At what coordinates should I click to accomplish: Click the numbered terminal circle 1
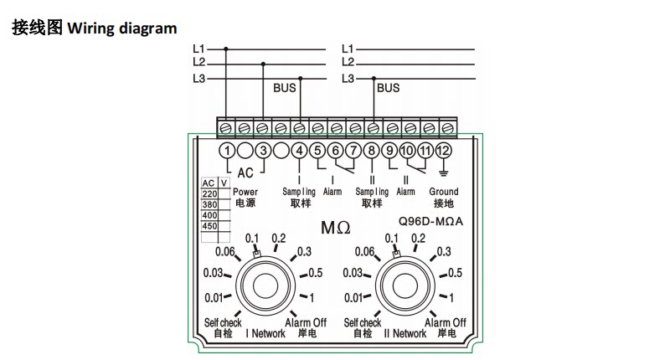pos(227,151)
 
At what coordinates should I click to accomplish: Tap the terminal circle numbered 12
pos(444,151)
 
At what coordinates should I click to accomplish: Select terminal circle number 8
pos(372,151)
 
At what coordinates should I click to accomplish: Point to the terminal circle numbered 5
pos(317,151)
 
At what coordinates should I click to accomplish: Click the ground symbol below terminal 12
pos(444,173)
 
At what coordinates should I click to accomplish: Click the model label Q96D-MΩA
pos(430,221)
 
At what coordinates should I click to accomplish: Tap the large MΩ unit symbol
pos(336,227)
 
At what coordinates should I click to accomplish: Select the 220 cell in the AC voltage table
pos(210,194)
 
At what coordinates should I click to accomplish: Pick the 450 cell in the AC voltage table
pos(210,226)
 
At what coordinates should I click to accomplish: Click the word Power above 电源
pos(245,193)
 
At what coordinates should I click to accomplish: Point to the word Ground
pos(444,192)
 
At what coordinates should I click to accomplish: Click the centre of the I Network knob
pos(265,285)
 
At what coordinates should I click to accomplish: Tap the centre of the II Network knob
pos(405,285)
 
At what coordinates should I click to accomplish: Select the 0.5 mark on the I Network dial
pos(316,272)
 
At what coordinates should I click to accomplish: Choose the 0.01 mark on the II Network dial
pos(353,297)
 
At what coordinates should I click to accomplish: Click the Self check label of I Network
pos(223,322)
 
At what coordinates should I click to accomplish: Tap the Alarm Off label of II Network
pos(446,322)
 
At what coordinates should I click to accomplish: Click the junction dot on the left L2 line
pos(263,64)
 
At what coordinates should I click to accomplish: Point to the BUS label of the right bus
pos(388,88)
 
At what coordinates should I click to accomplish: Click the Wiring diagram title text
pos(122,28)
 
